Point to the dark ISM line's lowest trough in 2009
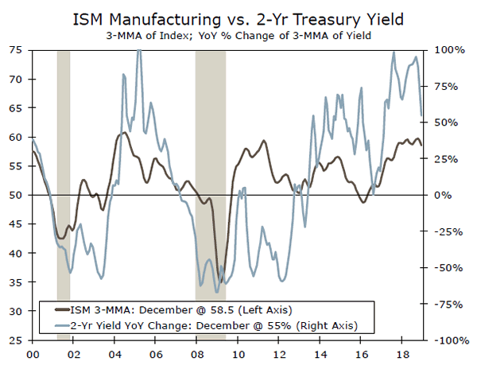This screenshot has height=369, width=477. coord(221,279)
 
